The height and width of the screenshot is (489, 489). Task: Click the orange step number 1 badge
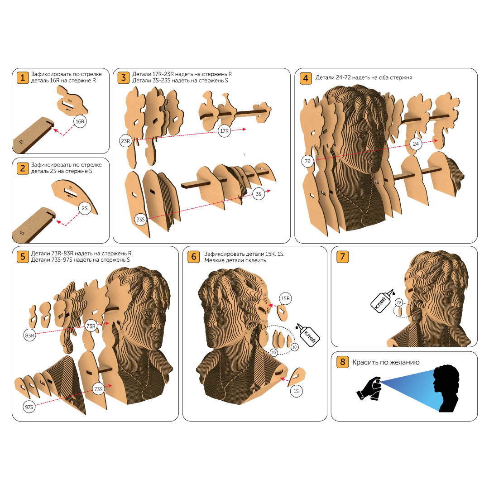pyautogui.click(x=23, y=77)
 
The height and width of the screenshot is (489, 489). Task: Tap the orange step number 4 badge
pyautogui.click(x=306, y=78)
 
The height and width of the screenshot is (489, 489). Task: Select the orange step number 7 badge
pyautogui.click(x=342, y=257)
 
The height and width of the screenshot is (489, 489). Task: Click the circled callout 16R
pyautogui.click(x=80, y=122)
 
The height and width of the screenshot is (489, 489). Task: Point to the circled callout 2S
pyautogui.click(x=85, y=208)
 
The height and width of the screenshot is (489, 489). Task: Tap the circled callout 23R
pyautogui.click(x=125, y=141)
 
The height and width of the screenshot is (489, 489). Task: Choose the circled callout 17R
pyautogui.click(x=224, y=131)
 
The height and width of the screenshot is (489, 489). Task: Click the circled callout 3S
pyautogui.click(x=259, y=194)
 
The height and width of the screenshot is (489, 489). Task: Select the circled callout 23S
pyautogui.click(x=140, y=220)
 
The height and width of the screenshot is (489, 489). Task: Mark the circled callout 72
pyautogui.click(x=307, y=161)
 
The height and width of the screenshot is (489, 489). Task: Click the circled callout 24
pyautogui.click(x=416, y=144)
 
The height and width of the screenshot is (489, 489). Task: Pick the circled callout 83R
pyautogui.click(x=29, y=336)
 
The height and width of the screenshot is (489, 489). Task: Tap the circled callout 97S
pyautogui.click(x=29, y=407)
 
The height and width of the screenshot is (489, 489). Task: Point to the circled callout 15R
pyautogui.click(x=285, y=298)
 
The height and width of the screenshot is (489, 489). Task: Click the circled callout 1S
pyautogui.click(x=296, y=391)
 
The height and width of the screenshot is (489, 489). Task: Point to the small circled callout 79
pyautogui.click(x=398, y=302)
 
